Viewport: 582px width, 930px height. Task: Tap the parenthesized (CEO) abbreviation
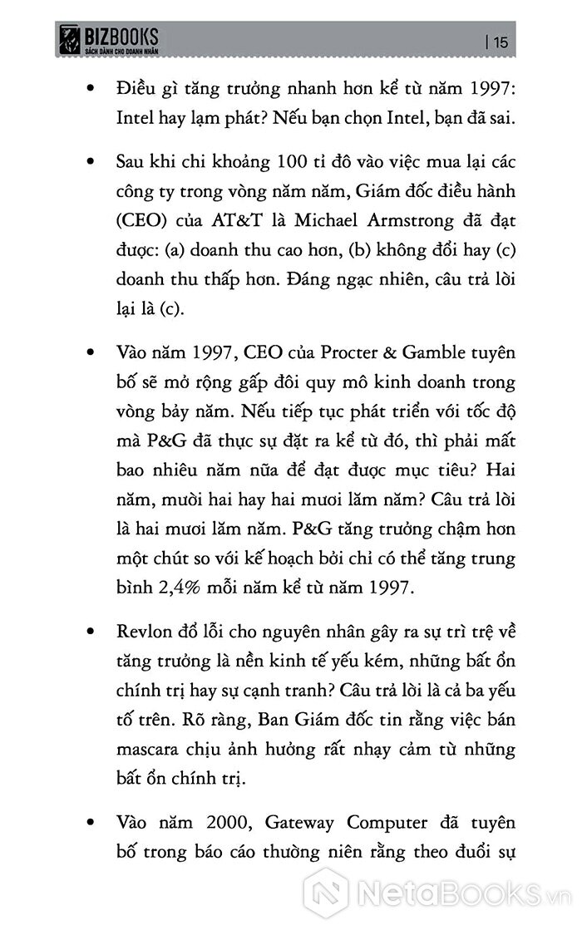(x=138, y=222)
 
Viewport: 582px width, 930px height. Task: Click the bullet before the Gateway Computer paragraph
(x=90, y=823)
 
